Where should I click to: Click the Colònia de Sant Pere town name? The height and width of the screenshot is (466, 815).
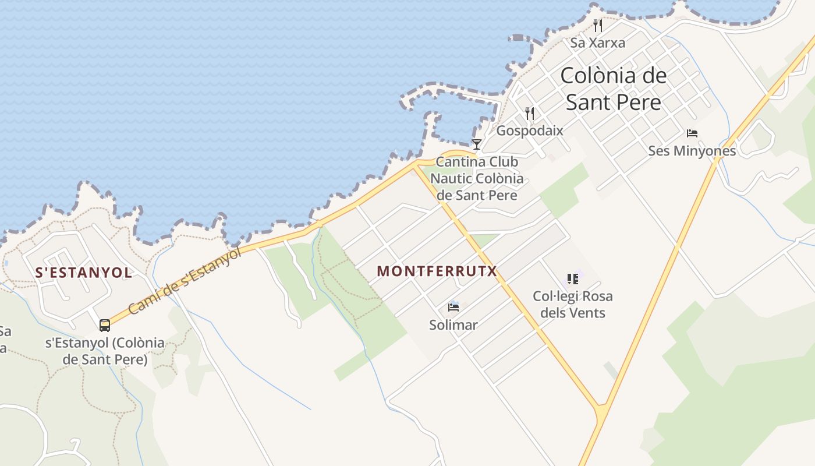coord(614,89)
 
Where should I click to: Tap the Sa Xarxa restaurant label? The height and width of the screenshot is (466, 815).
coord(597,43)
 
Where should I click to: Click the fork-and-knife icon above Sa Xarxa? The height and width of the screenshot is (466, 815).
coord(597,25)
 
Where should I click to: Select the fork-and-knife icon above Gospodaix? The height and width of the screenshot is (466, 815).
coord(529,113)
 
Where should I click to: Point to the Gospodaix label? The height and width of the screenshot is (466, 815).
coord(529,130)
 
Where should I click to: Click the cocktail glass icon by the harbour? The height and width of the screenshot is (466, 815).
coord(477,144)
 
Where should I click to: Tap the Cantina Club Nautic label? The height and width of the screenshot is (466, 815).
coord(477,178)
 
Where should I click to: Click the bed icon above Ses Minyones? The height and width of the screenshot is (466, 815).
coord(692,133)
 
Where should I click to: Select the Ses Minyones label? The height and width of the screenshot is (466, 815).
coord(692,151)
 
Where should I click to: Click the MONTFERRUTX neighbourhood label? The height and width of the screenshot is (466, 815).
coord(437,271)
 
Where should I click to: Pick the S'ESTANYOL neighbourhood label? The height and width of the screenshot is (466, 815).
coord(84,273)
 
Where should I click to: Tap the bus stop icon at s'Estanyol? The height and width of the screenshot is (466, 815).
coord(105,325)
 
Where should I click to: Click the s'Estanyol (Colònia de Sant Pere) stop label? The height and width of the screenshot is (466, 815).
coord(105,351)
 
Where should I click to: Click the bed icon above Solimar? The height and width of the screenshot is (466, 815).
coord(453,307)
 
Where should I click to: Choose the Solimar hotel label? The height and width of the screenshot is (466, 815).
coord(453,325)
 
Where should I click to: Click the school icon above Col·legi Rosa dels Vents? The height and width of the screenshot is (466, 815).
coord(572,278)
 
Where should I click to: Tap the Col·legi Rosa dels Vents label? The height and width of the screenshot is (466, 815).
coord(572,304)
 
